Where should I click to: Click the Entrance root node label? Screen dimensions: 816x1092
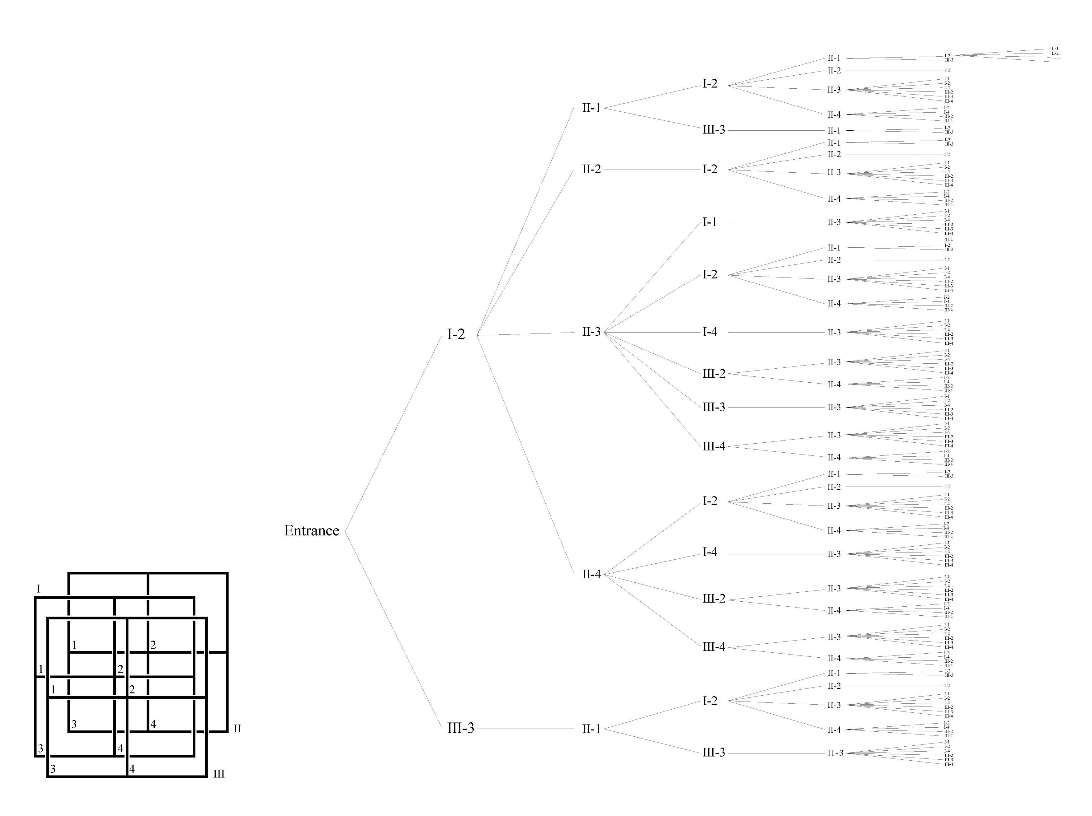coord(312,531)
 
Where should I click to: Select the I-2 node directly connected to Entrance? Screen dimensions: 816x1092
coord(456,334)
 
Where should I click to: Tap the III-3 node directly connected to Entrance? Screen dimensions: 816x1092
coord(460,728)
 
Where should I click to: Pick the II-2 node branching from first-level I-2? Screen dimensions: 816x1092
coord(591,169)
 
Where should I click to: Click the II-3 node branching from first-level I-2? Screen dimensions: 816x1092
coord(591,332)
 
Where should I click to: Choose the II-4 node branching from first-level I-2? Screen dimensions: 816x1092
coord(591,574)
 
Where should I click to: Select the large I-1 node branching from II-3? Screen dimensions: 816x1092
coord(709,222)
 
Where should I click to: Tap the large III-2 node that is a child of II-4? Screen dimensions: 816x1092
coord(714,599)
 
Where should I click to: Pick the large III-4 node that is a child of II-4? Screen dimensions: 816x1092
coord(714,647)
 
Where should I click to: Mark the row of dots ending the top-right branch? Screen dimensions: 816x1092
coord(1056,59)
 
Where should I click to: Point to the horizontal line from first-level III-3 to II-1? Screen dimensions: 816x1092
coord(526,729)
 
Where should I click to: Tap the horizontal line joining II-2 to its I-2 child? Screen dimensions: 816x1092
coord(652,170)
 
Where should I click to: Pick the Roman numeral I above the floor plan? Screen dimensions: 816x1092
coord(39,589)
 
